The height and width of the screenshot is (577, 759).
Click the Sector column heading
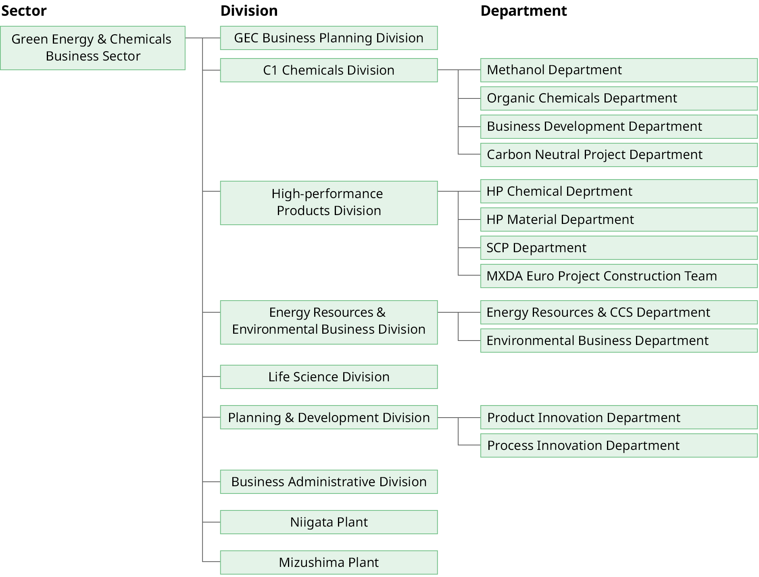pos(24,11)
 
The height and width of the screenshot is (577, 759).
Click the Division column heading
pos(249,11)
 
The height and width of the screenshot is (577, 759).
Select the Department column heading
pos(523,11)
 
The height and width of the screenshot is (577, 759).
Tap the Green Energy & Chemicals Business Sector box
pos(92,48)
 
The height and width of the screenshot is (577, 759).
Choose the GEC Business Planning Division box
pos(328,38)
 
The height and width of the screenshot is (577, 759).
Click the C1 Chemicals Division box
pos(328,70)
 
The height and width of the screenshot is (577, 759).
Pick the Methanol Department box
pos(619,70)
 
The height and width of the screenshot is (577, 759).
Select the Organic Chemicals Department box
pos(619,98)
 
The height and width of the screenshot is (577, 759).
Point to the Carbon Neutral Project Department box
pos(619,155)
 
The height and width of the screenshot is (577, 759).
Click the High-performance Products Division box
pos(328,203)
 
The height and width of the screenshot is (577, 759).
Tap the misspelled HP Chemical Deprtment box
pos(619,191)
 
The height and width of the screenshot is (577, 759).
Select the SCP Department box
pos(619,248)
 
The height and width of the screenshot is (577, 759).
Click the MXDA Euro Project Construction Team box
pos(619,276)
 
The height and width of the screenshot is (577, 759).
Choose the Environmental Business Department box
pos(619,341)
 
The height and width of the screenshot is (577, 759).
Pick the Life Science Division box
pos(328,377)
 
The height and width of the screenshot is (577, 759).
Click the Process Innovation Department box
pos(619,445)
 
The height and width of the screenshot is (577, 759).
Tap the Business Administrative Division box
pos(328,482)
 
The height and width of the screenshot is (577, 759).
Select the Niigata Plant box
pos(328,522)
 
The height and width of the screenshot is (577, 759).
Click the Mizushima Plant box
pos(328,562)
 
